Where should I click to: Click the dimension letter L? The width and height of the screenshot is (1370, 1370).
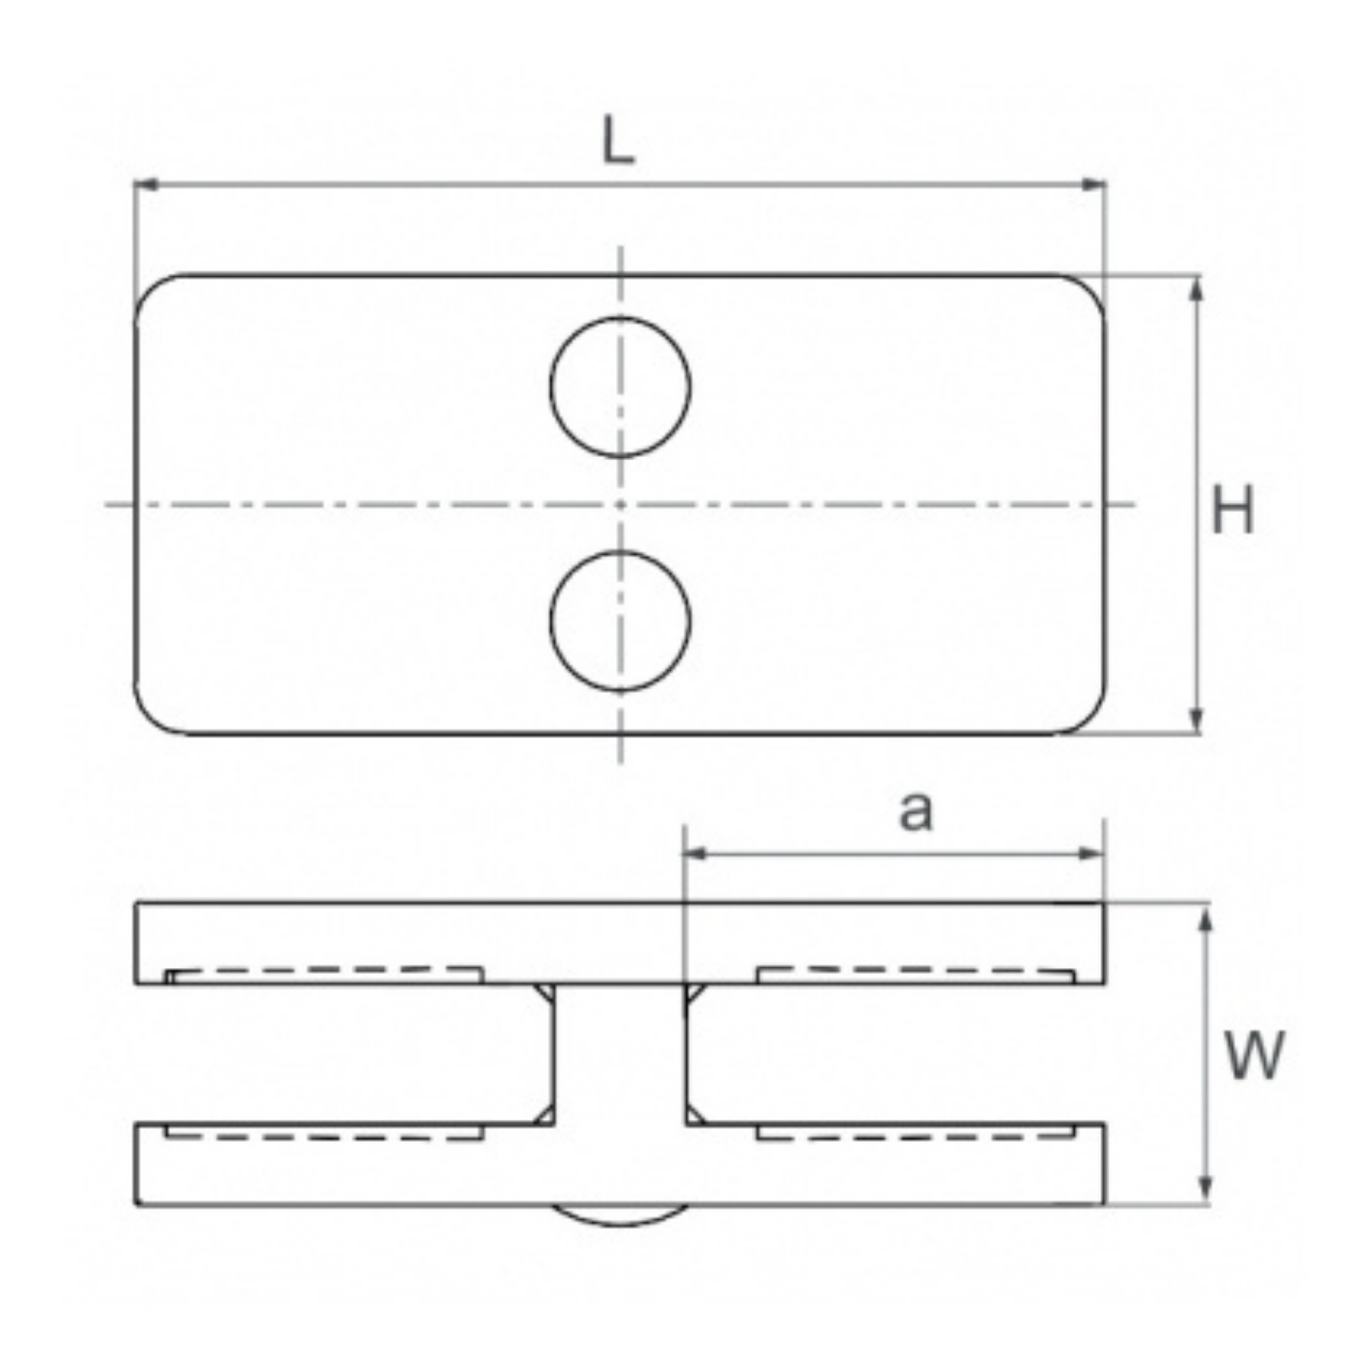coord(617,142)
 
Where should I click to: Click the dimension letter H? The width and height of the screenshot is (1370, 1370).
coord(1232,510)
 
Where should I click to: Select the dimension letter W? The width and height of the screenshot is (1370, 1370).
coord(1254,1056)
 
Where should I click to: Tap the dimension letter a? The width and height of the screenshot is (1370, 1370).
coord(916,812)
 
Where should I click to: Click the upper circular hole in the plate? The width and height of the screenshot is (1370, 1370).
coord(619,387)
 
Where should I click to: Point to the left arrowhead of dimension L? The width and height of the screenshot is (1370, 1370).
coord(145,185)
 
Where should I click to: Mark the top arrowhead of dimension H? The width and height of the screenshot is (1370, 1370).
coord(1195,287)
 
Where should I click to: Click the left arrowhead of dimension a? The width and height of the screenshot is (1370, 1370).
coord(694,854)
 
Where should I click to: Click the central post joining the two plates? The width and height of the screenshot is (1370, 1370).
coord(619,1056)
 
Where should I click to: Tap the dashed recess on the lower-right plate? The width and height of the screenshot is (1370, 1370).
coord(914,1133)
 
